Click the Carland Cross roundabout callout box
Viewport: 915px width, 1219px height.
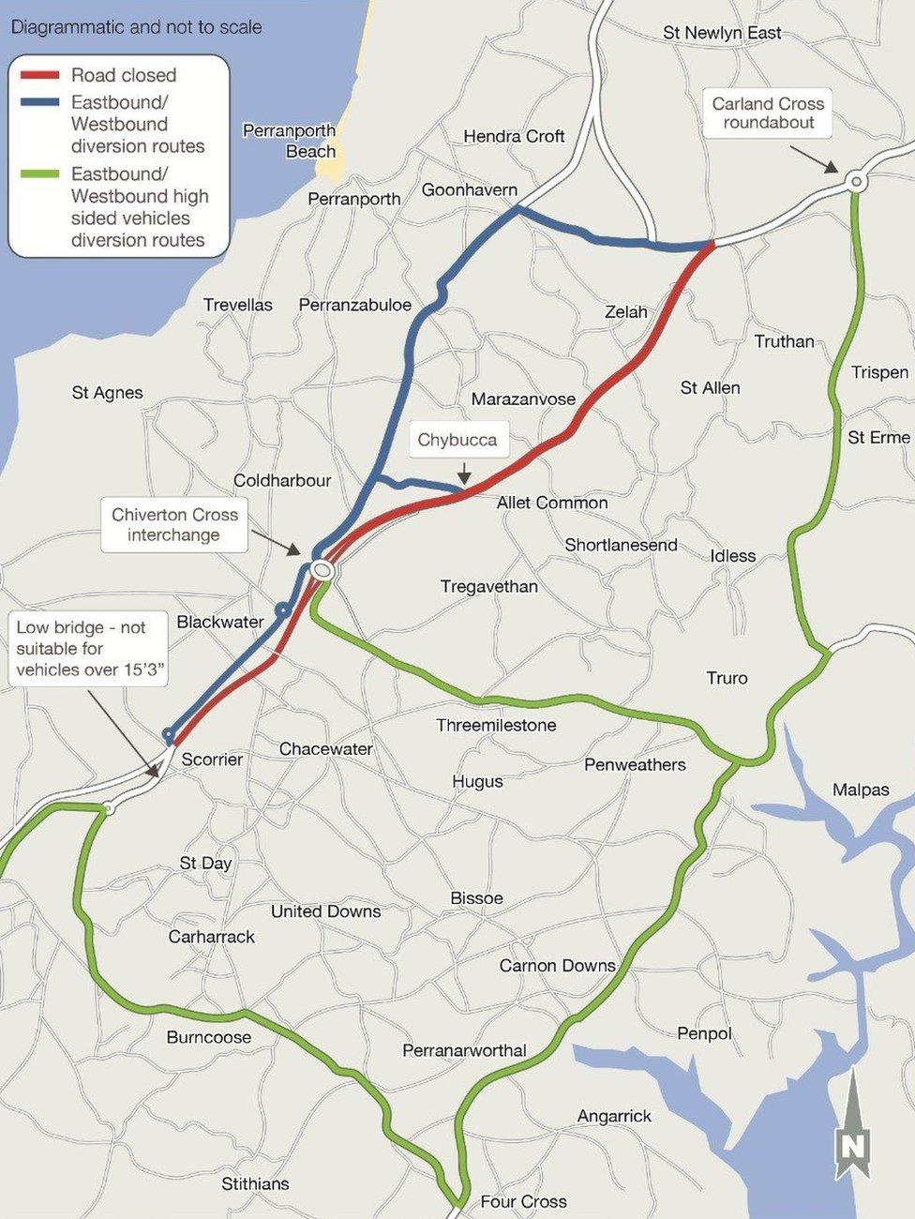tap(768, 113)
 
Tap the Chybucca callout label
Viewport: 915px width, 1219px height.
tap(457, 440)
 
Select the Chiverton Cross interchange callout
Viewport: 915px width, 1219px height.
tap(174, 525)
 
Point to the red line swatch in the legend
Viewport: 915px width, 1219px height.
tap(38, 75)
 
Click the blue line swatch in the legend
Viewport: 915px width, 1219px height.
tap(38, 102)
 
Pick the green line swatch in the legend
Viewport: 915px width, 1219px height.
tap(38, 174)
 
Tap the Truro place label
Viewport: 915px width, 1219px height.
tap(727, 678)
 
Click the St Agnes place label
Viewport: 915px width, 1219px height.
tap(107, 393)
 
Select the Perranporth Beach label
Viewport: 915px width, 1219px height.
tap(289, 141)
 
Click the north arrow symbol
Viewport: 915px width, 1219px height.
tap(852, 1128)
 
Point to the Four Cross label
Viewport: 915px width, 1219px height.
tap(523, 1201)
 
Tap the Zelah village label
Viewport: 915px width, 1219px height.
tap(626, 311)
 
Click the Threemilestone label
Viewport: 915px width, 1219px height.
tap(496, 725)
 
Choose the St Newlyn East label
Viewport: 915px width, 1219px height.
tap(722, 33)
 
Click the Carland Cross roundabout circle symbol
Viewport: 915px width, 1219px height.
tap(855, 182)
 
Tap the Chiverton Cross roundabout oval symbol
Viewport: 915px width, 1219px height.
tap(322, 569)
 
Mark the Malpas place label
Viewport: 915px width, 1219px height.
tap(861, 790)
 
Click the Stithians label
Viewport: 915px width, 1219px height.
tap(255, 1183)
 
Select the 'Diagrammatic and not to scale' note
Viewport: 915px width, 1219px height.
tap(136, 26)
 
